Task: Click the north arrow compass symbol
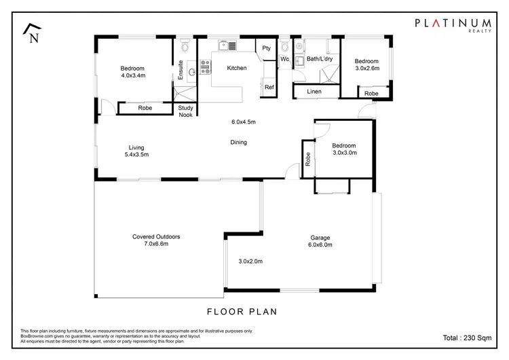31,33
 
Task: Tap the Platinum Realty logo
454,25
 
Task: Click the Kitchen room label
237,68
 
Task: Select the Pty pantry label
267,48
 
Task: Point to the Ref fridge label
269,88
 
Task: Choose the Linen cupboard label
314,91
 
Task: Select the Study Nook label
185,111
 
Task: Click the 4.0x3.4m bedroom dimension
132,76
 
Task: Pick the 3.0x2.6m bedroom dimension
367,68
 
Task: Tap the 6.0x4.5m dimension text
243,122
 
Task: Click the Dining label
238,143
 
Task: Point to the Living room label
138,147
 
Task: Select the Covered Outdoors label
156,237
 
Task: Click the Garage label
320,238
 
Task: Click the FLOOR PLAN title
241,312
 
